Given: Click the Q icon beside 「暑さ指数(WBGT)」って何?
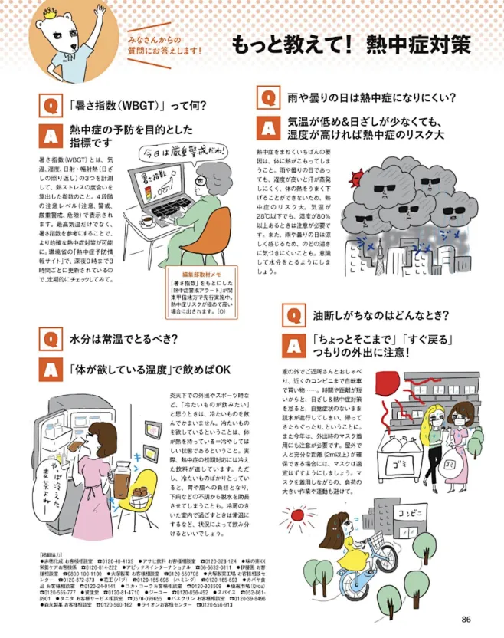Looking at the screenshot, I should click(x=49, y=105).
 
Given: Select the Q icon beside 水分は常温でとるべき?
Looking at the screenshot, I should click(x=49, y=337).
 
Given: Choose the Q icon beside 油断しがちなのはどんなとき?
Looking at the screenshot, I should click(x=292, y=314).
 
